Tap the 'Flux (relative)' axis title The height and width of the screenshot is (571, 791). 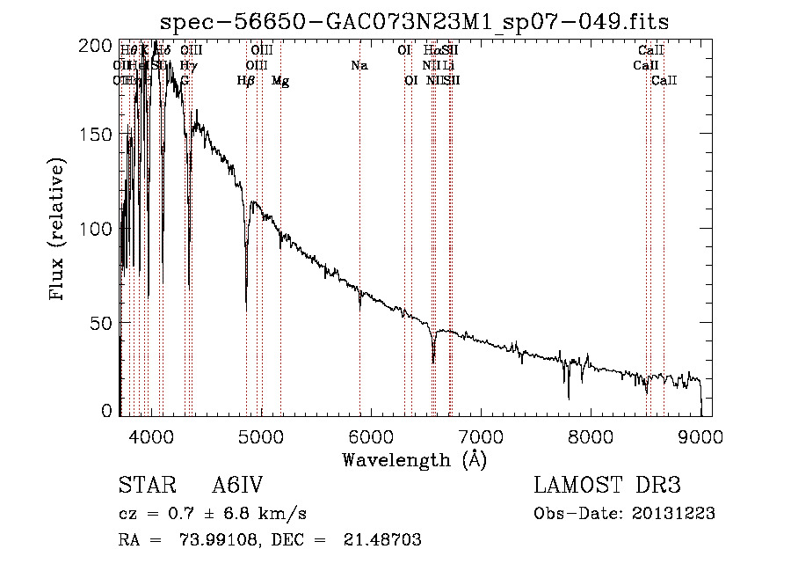coord(58,231)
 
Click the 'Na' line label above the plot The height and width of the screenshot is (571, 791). coord(359,66)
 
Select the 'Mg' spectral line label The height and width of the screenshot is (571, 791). coord(280,81)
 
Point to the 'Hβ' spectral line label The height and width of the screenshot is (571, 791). coord(246,81)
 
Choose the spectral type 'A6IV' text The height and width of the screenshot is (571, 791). coord(236,486)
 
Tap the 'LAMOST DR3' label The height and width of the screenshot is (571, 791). coord(606,486)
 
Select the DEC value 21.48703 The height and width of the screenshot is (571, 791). coord(381,540)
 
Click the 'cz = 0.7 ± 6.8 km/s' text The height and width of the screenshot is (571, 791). coord(212,514)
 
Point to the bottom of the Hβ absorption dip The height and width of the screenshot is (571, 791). coord(247,285)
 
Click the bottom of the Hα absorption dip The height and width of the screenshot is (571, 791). coord(433,361)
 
